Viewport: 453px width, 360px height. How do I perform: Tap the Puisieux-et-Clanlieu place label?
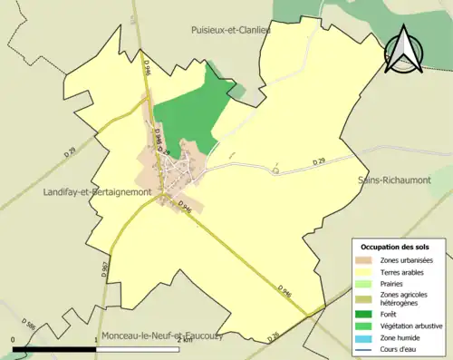pyautogui.click(x=231, y=30)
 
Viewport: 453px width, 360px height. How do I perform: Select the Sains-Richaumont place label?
pyautogui.click(x=393, y=180)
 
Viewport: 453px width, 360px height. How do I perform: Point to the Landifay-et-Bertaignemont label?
pyautogui.click(x=96, y=192)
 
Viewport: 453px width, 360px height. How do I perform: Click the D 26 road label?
pyautogui.click(x=274, y=338)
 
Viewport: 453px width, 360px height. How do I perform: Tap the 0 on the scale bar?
pyautogui.click(x=14, y=341)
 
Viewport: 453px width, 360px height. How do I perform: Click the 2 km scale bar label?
pyautogui.click(x=185, y=341)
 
